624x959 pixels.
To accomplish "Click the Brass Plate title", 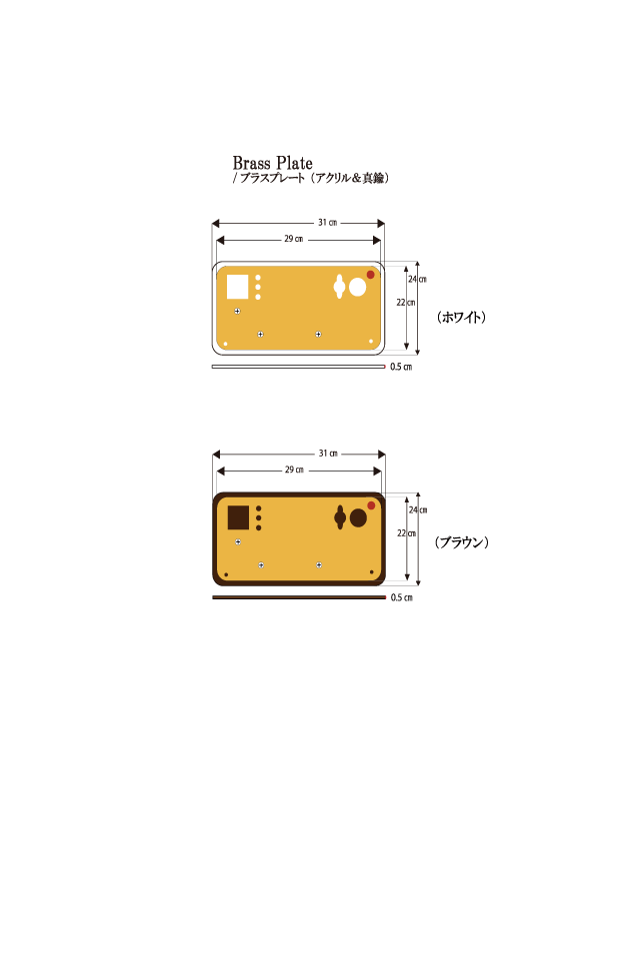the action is tap(273, 163).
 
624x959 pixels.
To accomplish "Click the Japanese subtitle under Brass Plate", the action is tap(311, 178).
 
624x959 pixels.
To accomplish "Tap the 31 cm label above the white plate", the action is tap(328, 223).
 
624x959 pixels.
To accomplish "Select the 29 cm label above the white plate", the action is tap(294, 239).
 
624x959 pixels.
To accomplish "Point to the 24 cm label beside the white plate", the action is tap(418, 280).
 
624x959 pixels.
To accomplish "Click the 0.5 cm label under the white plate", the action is tap(401, 367).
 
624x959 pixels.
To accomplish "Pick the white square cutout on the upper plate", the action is tap(238, 287).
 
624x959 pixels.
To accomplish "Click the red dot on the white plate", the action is tap(370, 275).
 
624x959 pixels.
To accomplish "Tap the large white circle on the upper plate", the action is tap(358, 287).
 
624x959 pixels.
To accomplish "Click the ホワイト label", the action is tap(461, 317).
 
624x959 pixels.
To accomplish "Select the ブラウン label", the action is tap(462, 542).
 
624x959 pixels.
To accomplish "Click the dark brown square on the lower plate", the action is tap(238, 517).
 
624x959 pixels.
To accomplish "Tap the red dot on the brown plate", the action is tap(371, 505).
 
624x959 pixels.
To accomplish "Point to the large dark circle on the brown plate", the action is tap(358, 518).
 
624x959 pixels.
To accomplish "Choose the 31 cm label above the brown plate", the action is tap(328, 454).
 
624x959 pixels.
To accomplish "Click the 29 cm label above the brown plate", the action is tap(295, 471).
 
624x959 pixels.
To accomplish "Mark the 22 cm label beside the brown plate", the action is tap(406, 533).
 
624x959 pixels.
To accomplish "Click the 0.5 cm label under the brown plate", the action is tap(402, 597).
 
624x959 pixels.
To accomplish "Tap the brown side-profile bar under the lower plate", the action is tap(299, 597).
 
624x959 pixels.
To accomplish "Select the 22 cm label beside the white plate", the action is tap(405, 303).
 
